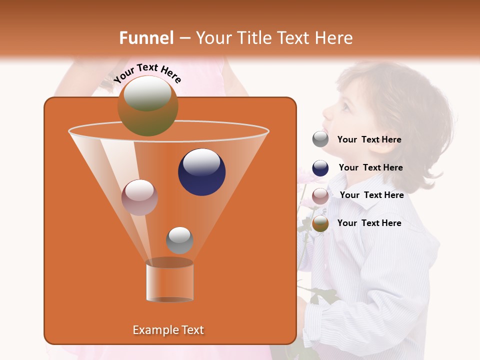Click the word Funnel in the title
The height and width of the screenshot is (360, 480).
pyautogui.click(x=146, y=38)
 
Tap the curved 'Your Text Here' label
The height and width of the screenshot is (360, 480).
pyautogui.click(x=147, y=73)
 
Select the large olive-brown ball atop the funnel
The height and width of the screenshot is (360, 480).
pyautogui.click(x=148, y=105)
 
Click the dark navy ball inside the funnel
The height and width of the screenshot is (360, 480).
pyautogui.click(x=201, y=172)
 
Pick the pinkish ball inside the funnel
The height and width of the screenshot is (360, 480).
pyautogui.click(x=139, y=197)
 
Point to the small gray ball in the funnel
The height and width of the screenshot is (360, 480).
pyautogui.click(x=179, y=240)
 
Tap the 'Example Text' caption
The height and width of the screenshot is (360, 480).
pyautogui.click(x=168, y=330)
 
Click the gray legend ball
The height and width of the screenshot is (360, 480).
pyautogui.click(x=320, y=139)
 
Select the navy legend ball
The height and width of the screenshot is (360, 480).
pyautogui.click(x=320, y=168)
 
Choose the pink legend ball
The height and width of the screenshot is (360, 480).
pyautogui.click(x=320, y=196)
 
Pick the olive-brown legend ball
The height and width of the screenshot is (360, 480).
pyautogui.click(x=320, y=223)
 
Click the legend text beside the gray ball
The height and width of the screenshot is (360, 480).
pyautogui.click(x=369, y=140)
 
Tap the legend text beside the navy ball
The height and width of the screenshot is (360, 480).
pyautogui.click(x=370, y=168)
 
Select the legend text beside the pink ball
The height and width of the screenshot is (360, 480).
pyautogui.click(x=371, y=195)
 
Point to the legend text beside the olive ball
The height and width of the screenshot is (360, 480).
pyautogui.click(x=369, y=223)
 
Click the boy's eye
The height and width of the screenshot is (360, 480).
pyautogui.click(x=345, y=106)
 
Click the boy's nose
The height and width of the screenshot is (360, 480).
pyautogui.click(x=325, y=113)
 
